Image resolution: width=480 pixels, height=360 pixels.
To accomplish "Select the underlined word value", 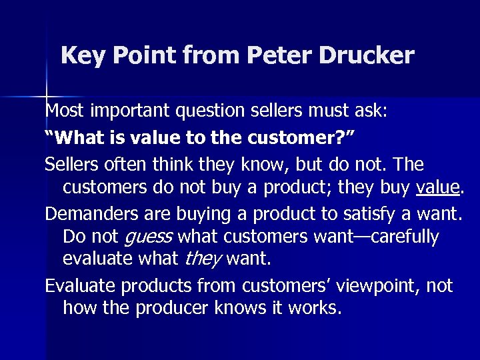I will coord(437,188).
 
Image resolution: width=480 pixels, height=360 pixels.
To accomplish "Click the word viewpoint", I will coord(378,287).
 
